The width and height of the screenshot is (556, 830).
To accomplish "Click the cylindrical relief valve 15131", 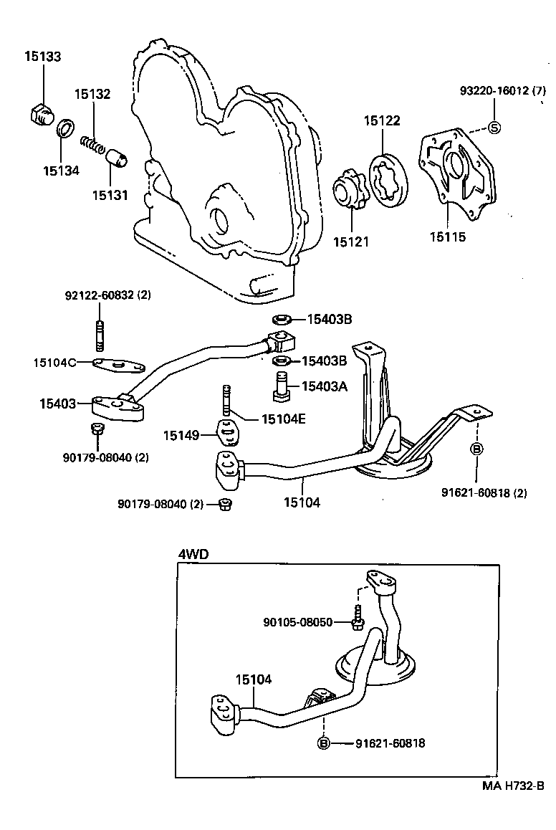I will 115,156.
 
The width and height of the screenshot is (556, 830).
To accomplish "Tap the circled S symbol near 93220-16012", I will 494,128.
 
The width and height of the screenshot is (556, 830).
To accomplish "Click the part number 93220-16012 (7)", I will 502,91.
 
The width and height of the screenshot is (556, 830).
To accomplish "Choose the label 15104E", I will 283,419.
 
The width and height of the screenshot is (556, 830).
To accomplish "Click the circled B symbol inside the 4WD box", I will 323,743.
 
